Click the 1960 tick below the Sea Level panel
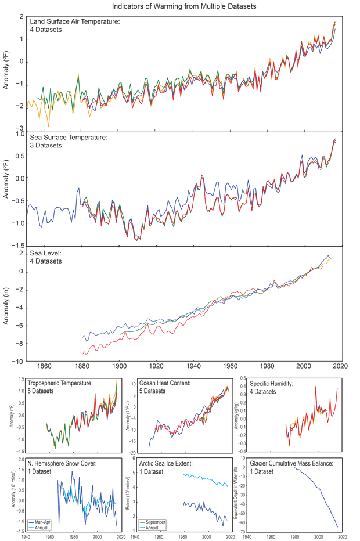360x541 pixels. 231,366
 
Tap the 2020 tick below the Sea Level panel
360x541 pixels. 341,366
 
